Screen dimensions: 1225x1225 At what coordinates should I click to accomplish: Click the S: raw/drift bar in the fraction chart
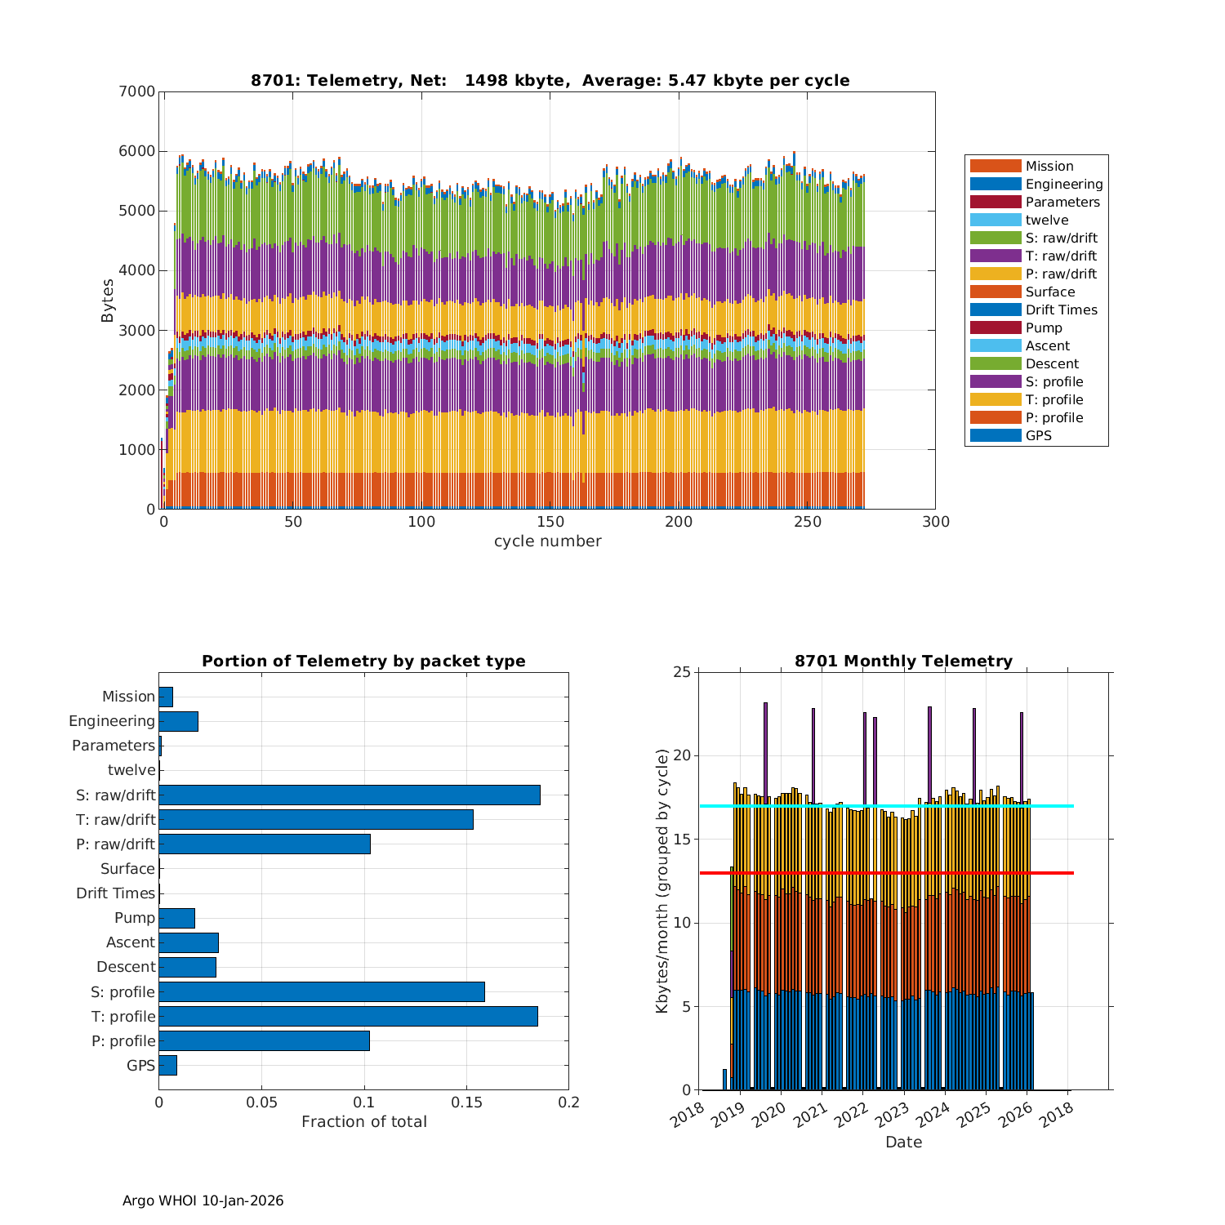pyautogui.click(x=350, y=795)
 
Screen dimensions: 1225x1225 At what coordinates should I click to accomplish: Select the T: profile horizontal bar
pyautogui.click(x=348, y=1016)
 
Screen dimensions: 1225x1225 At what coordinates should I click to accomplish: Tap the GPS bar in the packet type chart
pyautogui.click(x=167, y=1065)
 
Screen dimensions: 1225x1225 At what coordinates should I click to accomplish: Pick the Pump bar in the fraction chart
pyautogui.click(x=176, y=918)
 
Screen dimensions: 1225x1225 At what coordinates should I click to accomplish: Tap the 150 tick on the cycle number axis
pyautogui.click(x=550, y=523)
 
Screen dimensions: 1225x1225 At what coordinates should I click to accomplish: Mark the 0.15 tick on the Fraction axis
pyautogui.click(x=466, y=1102)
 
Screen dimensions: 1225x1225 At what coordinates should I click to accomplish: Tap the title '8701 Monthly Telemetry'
pyautogui.click(x=903, y=661)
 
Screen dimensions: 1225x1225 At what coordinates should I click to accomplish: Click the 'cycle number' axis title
pyautogui.click(x=547, y=541)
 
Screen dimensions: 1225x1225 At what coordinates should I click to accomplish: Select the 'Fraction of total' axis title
pyautogui.click(x=364, y=1121)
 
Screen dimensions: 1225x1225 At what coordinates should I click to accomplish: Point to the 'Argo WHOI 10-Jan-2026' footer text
pyautogui.click(x=203, y=1200)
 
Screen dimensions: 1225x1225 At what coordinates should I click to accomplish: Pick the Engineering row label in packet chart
pyautogui.click(x=112, y=721)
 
